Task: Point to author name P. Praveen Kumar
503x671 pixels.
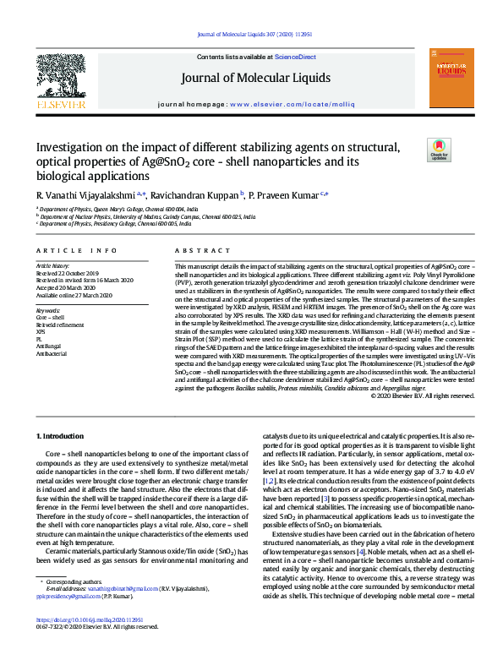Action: [x=287, y=195]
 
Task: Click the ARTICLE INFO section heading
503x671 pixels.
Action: [x=76, y=250]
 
